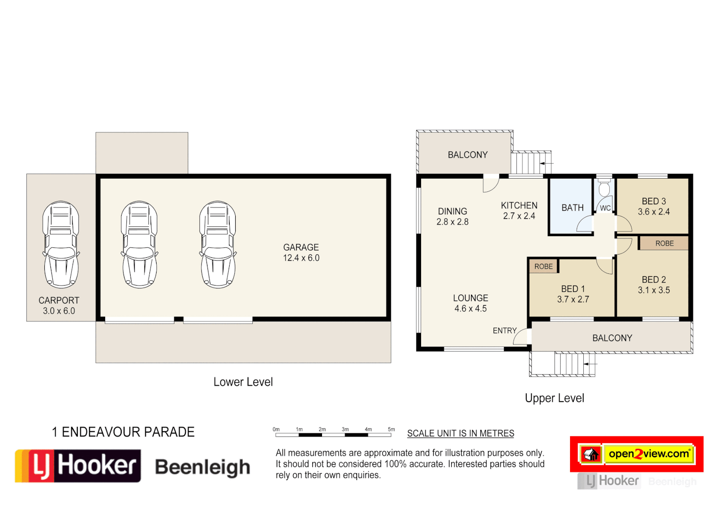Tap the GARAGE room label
[301, 247]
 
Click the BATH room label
[572, 208]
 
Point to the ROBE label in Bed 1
[543, 266]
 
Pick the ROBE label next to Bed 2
[664, 243]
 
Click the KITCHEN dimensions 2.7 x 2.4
[519, 216]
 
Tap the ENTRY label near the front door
[505, 331]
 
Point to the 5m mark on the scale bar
[391, 429]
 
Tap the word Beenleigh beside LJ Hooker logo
[202, 467]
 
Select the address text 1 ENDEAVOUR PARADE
[123, 432]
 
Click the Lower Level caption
[243, 382]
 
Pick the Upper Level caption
[554, 398]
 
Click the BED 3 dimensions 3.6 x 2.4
[654, 212]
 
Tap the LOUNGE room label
[470, 298]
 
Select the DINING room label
[452, 212]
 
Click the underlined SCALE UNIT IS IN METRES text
[460, 434]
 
